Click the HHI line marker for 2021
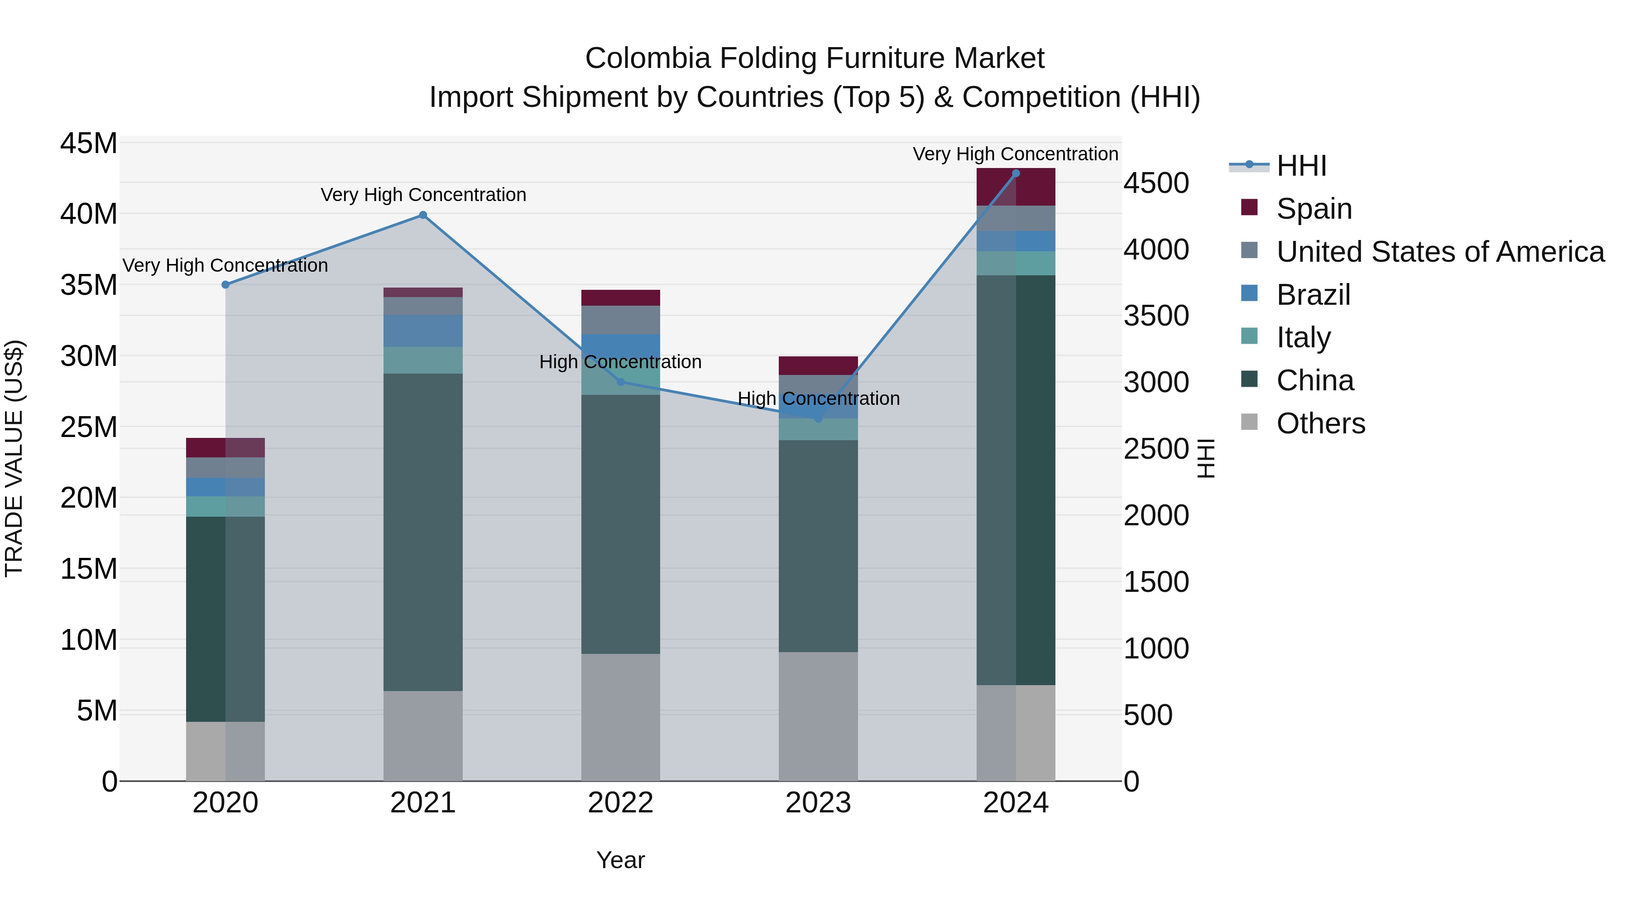(x=423, y=215)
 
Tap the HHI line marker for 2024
(x=1016, y=173)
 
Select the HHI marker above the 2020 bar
(x=225, y=285)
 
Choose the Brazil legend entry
(x=1313, y=295)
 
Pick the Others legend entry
(x=1321, y=423)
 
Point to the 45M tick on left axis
(x=89, y=144)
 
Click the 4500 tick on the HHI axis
(x=1156, y=183)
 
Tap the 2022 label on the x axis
(x=620, y=803)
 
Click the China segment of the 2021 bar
(x=423, y=532)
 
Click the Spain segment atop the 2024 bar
(x=1016, y=187)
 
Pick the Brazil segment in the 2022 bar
(x=620, y=346)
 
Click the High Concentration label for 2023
(x=818, y=398)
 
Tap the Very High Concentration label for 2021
(x=423, y=195)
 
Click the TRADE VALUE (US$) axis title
(x=14, y=458)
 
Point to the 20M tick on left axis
(x=89, y=499)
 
